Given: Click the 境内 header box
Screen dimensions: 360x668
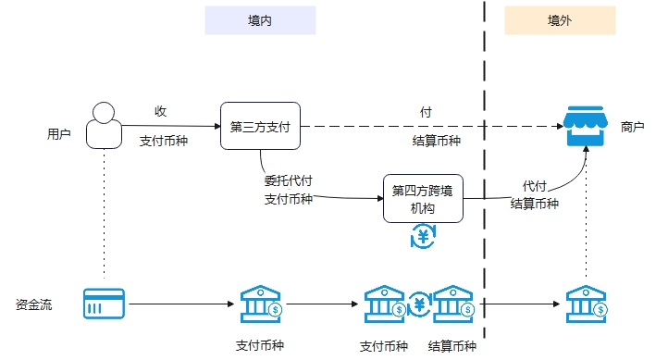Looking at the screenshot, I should [x=260, y=20].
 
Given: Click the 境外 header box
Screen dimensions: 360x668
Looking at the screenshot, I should [x=559, y=20].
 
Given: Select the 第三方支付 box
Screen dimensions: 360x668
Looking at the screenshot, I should [x=261, y=127].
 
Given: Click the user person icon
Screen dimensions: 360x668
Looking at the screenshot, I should [x=105, y=126].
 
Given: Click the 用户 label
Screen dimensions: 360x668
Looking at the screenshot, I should [x=59, y=134].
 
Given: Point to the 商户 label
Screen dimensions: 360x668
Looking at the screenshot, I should [x=633, y=127].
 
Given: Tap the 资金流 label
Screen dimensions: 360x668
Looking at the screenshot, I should [x=33, y=304].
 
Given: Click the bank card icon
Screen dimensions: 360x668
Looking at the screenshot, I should [x=103, y=303].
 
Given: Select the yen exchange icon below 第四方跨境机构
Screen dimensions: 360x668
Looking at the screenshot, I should [x=424, y=238].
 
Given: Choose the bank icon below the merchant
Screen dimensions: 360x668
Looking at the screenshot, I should [x=586, y=304].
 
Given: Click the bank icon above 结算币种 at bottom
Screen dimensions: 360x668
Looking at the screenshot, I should [x=453, y=304].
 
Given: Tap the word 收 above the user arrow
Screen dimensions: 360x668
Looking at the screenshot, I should [x=160, y=111].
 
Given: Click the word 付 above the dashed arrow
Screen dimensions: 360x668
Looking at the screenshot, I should [x=426, y=111].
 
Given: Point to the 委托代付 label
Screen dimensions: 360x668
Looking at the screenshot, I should [x=287, y=181].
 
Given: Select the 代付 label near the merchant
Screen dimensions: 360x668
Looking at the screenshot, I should [x=535, y=186].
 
